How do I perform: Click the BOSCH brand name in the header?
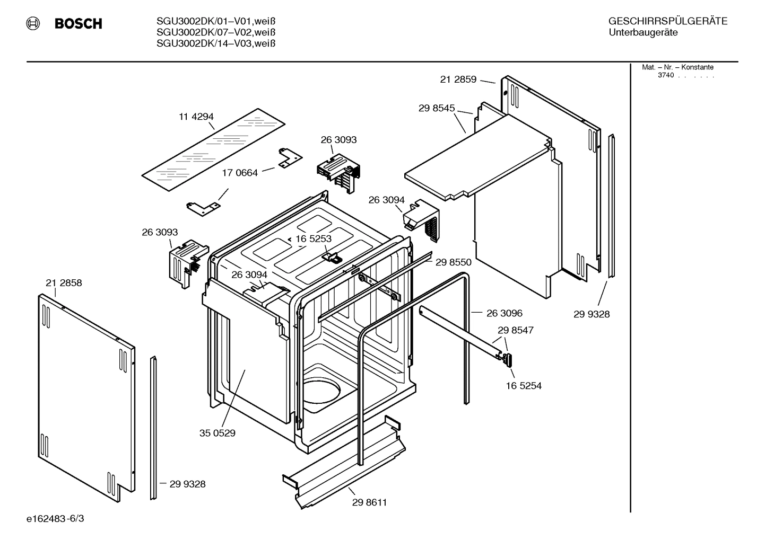(x=78, y=24)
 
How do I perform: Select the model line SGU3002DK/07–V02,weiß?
(x=216, y=32)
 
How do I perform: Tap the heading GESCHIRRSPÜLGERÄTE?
(x=667, y=22)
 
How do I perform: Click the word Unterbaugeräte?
(x=643, y=33)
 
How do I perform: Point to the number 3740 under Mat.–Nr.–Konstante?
(x=665, y=75)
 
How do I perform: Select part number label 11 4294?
(x=196, y=117)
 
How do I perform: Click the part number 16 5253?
(x=313, y=239)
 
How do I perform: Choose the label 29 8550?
(x=453, y=262)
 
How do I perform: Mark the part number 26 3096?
(x=504, y=313)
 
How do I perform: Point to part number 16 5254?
(x=524, y=386)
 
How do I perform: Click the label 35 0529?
(x=217, y=433)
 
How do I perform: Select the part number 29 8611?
(x=369, y=502)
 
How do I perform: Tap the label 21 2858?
(x=64, y=283)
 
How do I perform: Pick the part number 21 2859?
(x=458, y=79)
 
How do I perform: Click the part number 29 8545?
(x=437, y=108)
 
